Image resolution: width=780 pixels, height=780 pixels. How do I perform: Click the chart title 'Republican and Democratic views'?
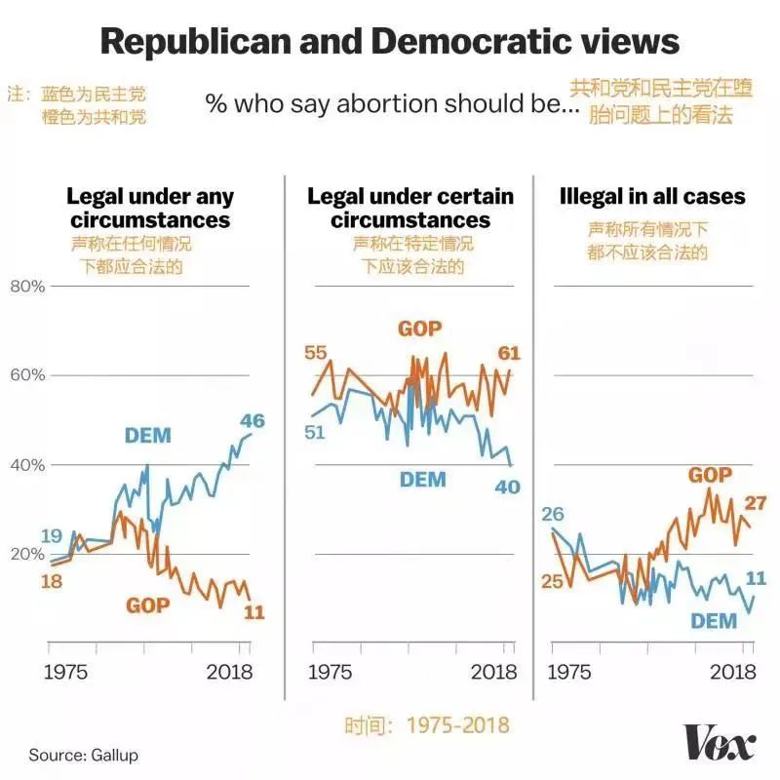click(x=390, y=42)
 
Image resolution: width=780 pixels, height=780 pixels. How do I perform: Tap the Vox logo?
click(x=720, y=744)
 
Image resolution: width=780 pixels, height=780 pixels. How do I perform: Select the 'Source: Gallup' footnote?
click(x=83, y=755)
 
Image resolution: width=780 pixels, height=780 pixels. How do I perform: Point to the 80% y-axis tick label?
click(x=27, y=286)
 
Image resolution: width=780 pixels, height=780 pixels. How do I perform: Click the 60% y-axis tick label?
click(x=27, y=375)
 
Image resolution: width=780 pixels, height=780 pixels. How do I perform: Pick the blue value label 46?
click(x=253, y=421)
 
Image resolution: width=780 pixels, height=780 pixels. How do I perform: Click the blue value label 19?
click(x=53, y=535)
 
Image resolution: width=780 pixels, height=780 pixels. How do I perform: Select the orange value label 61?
click(x=509, y=352)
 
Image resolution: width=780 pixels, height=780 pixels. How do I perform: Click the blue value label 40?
click(x=507, y=487)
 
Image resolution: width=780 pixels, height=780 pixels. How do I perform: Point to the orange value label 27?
click(x=755, y=503)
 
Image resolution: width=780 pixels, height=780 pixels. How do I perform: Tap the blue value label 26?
click(x=553, y=514)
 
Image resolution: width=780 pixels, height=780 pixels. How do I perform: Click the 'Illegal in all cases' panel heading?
click(x=652, y=197)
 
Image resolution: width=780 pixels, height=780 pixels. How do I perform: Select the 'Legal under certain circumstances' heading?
click(x=410, y=208)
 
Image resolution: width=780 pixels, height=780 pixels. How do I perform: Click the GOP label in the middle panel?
click(x=419, y=328)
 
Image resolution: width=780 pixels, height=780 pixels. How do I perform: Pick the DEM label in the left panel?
click(x=147, y=435)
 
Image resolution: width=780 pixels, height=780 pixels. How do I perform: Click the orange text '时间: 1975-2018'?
click(x=426, y=725)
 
